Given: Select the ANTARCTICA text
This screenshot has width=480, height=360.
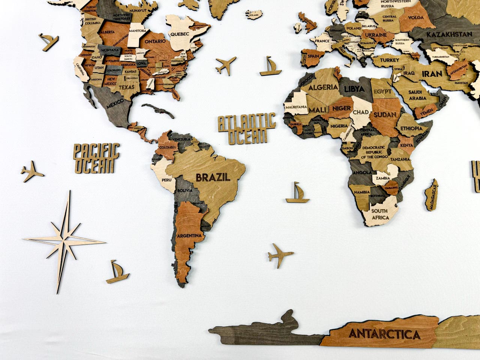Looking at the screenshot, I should tap(384, 334).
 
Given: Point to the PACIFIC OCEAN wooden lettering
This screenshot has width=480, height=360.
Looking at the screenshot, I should tap(96, 158).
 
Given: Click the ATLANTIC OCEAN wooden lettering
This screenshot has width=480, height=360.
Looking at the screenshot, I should tap(247, 129).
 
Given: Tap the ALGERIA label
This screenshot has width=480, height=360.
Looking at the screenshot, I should tap(323, 87).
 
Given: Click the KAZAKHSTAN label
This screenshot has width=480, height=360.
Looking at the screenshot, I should tap(448, 34).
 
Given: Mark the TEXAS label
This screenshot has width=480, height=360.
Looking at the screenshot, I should tap(127, 87).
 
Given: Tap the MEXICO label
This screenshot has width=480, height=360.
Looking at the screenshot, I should tap(115, 104).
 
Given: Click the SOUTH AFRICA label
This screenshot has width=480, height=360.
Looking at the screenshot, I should tap(379, 213).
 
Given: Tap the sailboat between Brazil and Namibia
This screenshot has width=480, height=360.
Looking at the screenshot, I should tap(298, 193).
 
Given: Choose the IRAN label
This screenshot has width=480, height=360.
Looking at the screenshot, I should tap(432, 73).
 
